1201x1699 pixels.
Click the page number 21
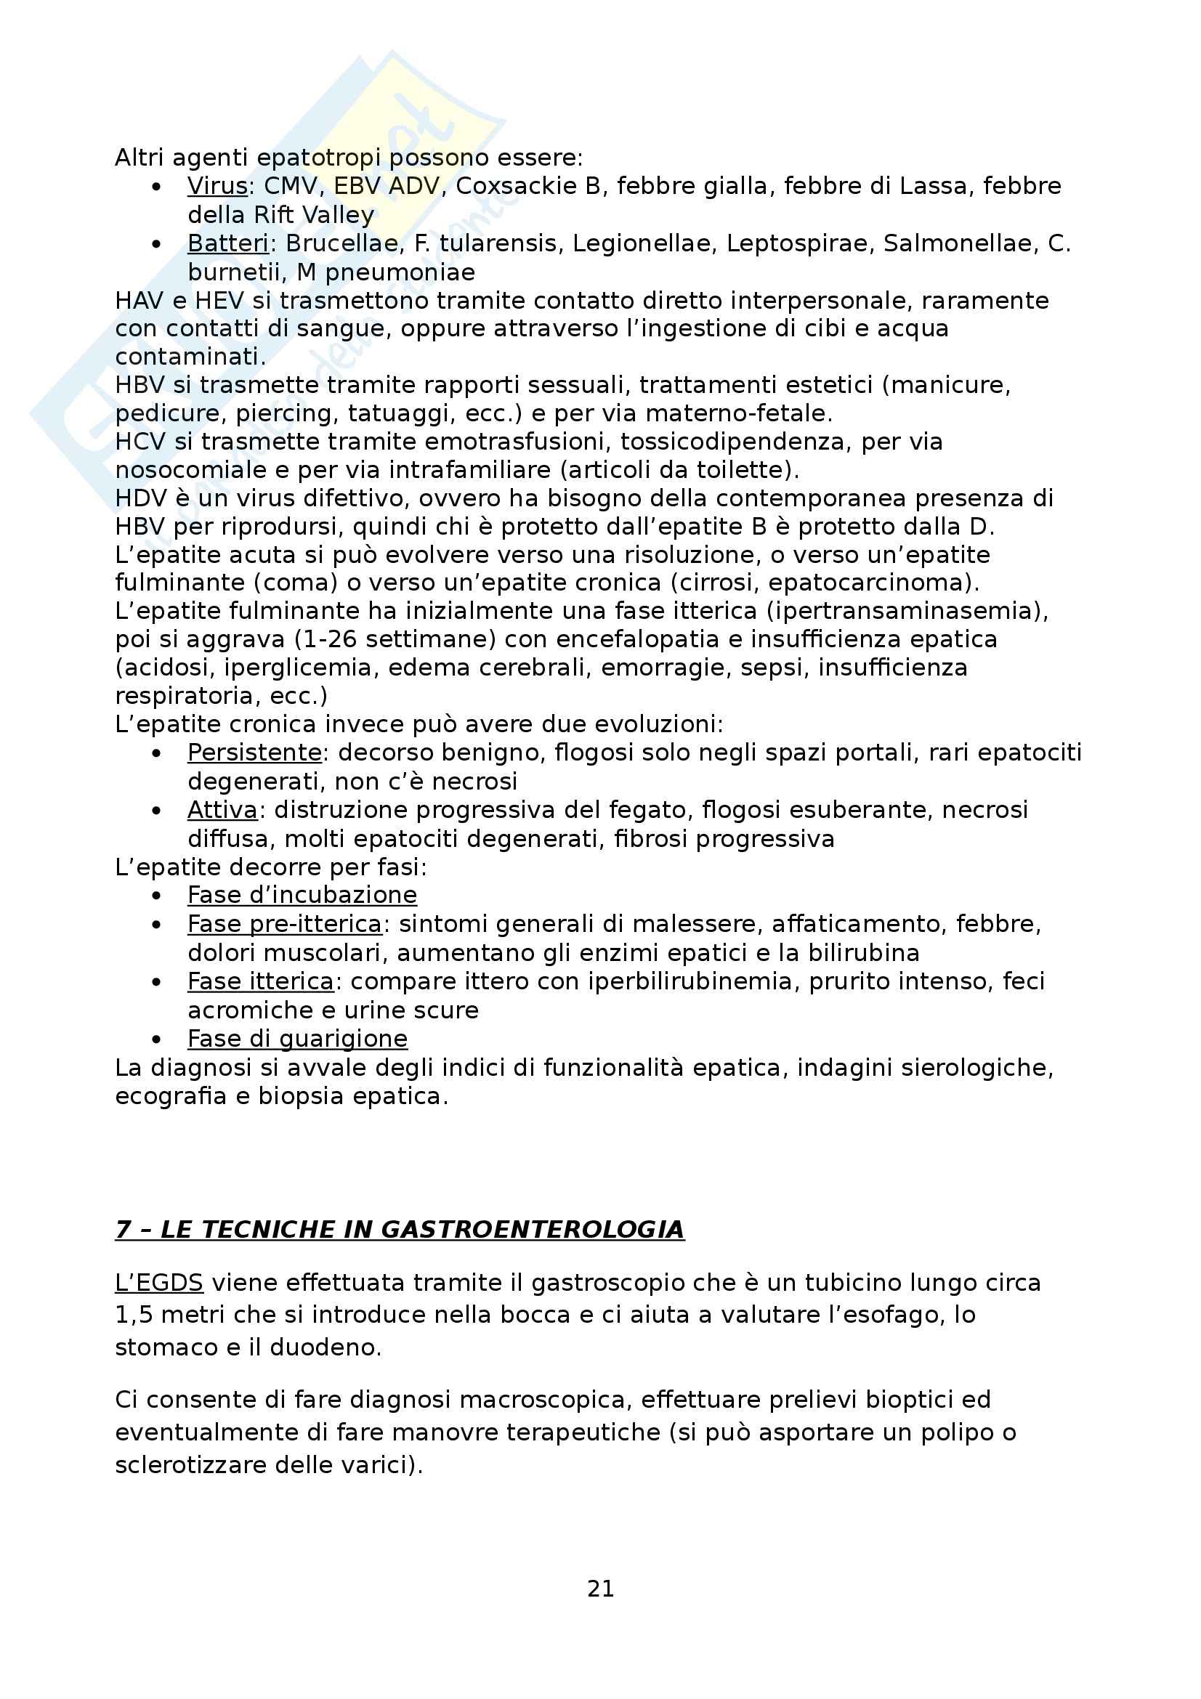(600, 1589)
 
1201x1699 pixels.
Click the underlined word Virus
(217, 186)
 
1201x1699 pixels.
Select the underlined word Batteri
(228, 243)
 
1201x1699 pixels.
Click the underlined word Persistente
(254, 753)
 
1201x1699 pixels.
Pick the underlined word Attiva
(222, 811)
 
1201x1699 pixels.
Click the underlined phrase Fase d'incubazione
(302, 896)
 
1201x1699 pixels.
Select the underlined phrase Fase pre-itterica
(284, 924)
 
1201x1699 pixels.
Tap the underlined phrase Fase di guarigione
(297, 1039)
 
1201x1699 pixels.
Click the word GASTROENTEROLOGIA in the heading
(532, 1229)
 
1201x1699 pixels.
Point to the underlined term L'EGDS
(159, 1282)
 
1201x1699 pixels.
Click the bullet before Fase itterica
(156, 982)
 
